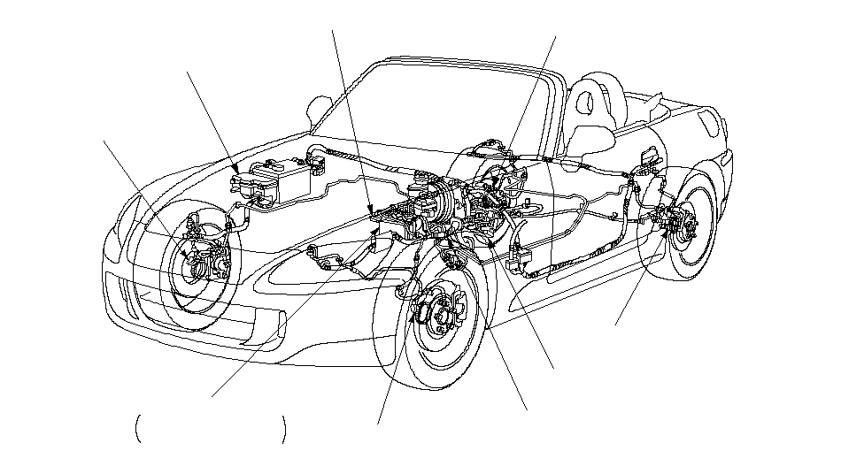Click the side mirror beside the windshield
[x=318, y=110]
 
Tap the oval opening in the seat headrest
[x=585, y=102]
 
